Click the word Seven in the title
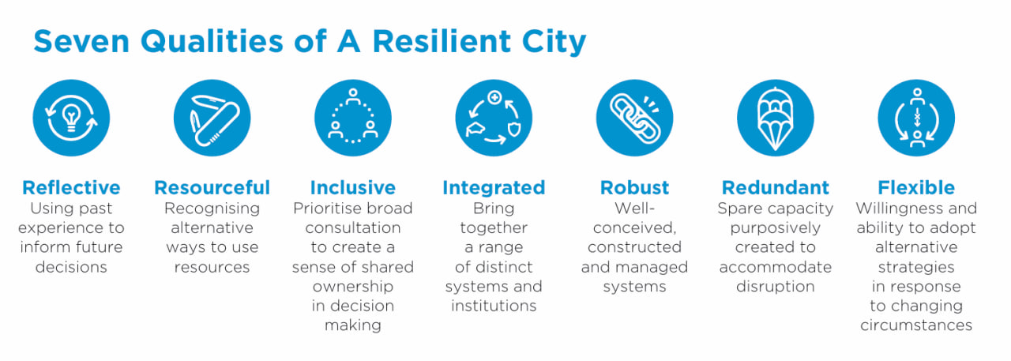81,42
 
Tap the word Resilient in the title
442,42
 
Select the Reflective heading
71,187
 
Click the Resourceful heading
212,187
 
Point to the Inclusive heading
353,187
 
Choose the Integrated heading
494,188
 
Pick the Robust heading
634,187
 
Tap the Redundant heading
776,187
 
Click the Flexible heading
916,187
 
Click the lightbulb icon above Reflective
71,118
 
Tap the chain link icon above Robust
634,118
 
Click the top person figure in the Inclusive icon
353,96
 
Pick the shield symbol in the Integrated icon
514,129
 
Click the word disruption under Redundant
776,287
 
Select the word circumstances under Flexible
916,325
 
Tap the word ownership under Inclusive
353,287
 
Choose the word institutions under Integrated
494,306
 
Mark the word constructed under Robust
634,247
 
